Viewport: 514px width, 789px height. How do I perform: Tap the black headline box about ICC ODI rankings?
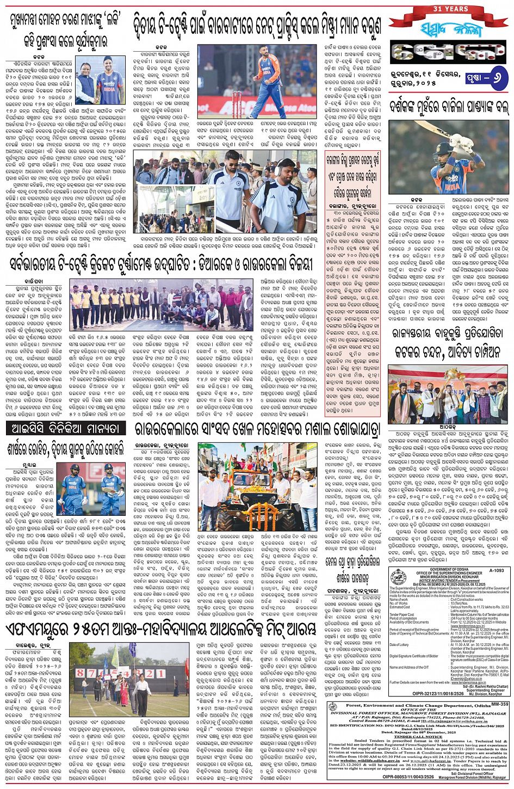tap(66, 428)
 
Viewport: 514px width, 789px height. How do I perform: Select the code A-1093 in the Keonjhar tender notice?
tap(496, 571)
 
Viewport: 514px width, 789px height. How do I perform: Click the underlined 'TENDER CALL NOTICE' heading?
tap(418, 736)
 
